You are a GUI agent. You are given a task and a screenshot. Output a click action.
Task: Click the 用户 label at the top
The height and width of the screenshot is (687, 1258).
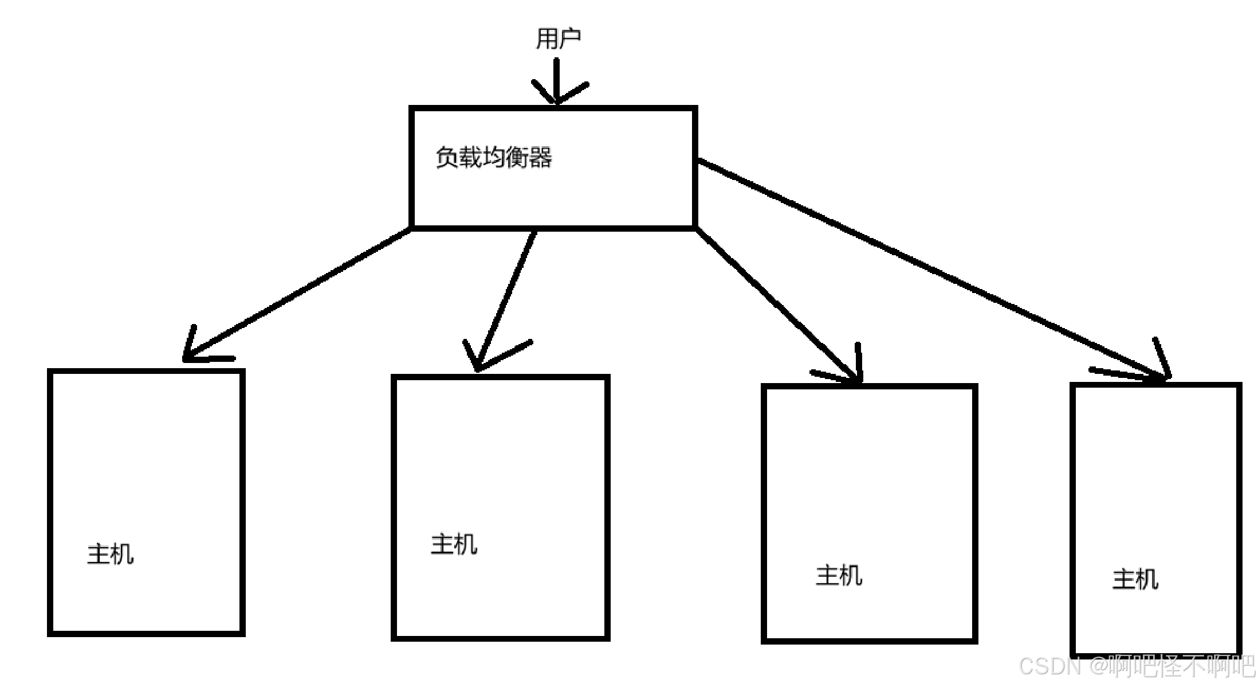click(558, 38)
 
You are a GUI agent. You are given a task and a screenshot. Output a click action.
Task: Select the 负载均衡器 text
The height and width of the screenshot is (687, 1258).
click(494, 158)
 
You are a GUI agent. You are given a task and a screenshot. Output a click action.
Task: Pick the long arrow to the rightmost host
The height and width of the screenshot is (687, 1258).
click(928, 270)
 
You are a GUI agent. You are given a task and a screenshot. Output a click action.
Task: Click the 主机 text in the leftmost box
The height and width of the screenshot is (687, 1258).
click(111, 555)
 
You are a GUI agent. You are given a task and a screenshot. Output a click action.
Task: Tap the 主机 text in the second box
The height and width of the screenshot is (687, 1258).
click(454, 544)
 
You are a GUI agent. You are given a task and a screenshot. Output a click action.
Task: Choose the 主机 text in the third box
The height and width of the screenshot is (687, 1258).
click(839, 575)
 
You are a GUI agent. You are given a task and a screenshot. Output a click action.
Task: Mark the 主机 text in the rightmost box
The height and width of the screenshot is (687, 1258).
click(1135, 579)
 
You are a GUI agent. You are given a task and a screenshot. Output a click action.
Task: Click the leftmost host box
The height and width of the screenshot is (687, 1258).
click(146, 459)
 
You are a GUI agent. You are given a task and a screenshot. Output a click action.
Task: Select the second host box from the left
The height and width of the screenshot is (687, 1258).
click(500, 459)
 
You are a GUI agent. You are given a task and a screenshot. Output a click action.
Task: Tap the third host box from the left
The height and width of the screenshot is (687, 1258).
click(869, 470)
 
